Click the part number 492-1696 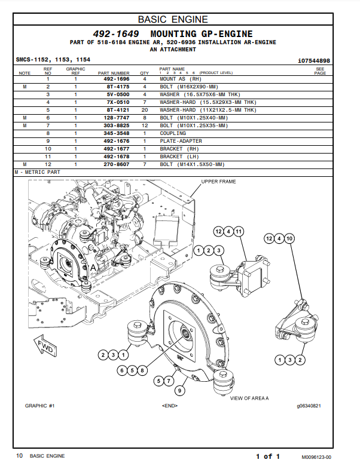[x=117, y=79]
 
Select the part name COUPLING [x=172, y=133]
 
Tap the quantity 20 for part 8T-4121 [x=144, y=110]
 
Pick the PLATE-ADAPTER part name [x=181, y=141]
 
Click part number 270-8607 [x=117, y=164]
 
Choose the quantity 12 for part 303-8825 [x=144, y=125]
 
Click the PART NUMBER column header [x=114, y=73]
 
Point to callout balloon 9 [x=179, y=391]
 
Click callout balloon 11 [x=239, y=231]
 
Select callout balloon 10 [x=289, y=238]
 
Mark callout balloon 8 [x=142, y=370]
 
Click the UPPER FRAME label [x=218, y=182]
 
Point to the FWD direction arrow [x=45, y=347]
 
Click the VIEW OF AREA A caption [x=249, y=398]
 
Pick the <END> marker [x=170, y=406]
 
